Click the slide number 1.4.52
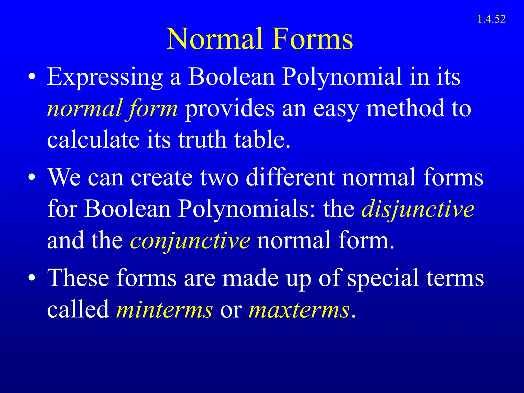491,19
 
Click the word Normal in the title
215,39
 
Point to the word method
406,108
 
